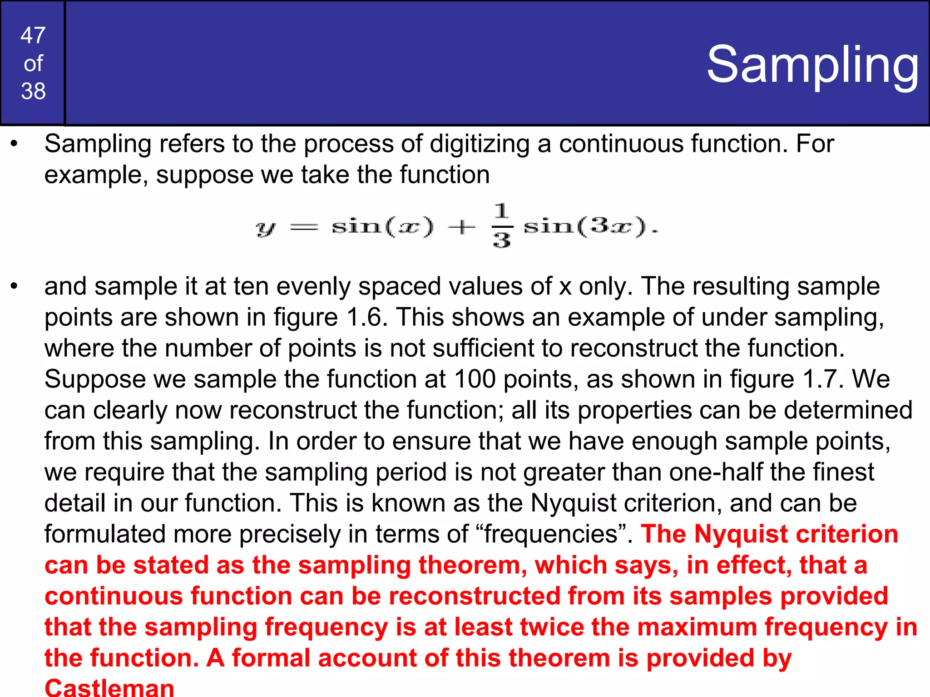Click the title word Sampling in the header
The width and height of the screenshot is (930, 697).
(x=812, y=65)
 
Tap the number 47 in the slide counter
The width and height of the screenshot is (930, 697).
(x=33, y=35)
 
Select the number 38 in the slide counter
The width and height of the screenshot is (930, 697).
(x=33, y=91)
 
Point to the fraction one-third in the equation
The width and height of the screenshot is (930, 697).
(x=501, y=226)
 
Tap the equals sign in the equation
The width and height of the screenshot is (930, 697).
(x=304, y=226)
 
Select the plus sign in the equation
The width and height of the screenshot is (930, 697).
(x=462, y=226)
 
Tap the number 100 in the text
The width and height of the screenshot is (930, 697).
(x=475, y=379)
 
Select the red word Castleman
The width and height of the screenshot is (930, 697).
(x=109, y=687)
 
